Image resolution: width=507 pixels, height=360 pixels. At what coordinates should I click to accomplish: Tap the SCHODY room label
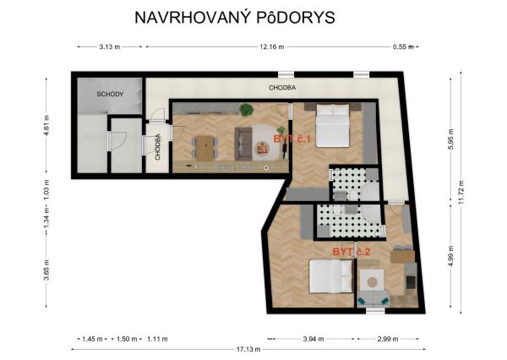[x=110, y=95]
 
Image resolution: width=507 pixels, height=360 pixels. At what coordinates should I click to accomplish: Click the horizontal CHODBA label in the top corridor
[x=282, y=88]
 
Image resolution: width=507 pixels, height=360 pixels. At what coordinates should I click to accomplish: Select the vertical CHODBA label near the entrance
[x=158, y=145]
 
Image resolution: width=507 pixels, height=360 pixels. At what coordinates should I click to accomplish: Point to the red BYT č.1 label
[x=292, y=139]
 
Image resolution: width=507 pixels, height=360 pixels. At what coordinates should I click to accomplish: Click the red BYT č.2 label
[x=351, y=252]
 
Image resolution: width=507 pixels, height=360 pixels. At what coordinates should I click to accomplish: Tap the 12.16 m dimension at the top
[x=271, y=47]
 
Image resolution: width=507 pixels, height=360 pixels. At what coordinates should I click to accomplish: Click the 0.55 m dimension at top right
[x=402, y=47]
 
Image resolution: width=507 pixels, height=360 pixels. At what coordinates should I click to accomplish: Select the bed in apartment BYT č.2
[x=330, y=277]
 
